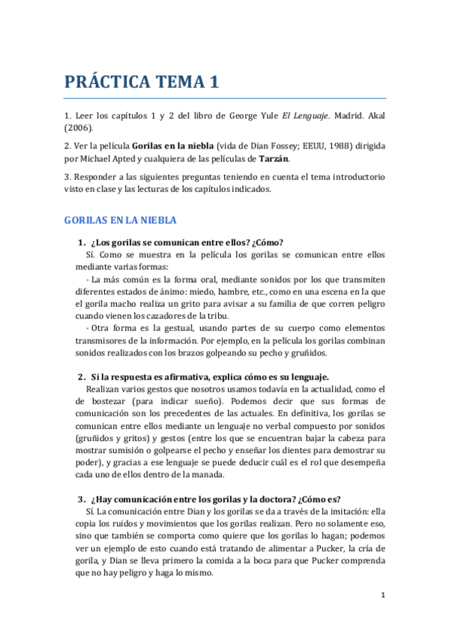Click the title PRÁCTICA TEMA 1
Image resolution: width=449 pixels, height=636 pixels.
point(141,82)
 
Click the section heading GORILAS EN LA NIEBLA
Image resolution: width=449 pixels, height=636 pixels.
point(120,220)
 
